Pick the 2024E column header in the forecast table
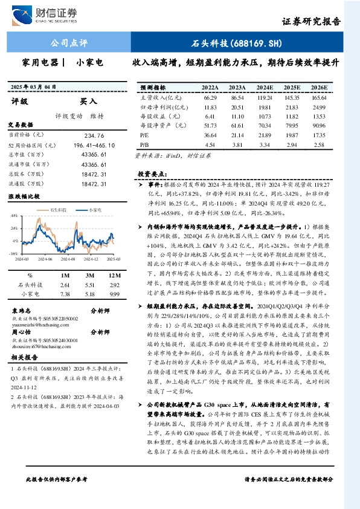[265, 87]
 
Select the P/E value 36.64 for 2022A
[210, 135]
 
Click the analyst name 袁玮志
[21, 309]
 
